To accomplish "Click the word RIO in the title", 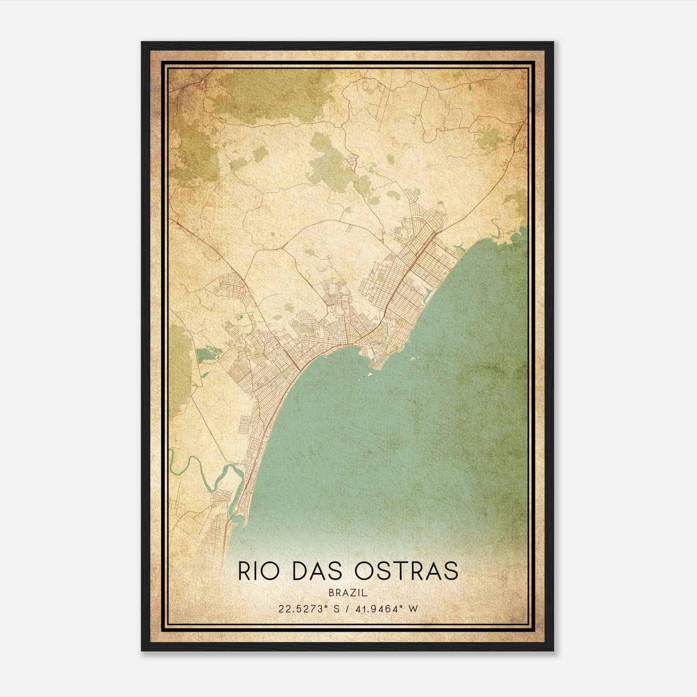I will click(259, 571).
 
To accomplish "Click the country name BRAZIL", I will click(348, 593).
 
